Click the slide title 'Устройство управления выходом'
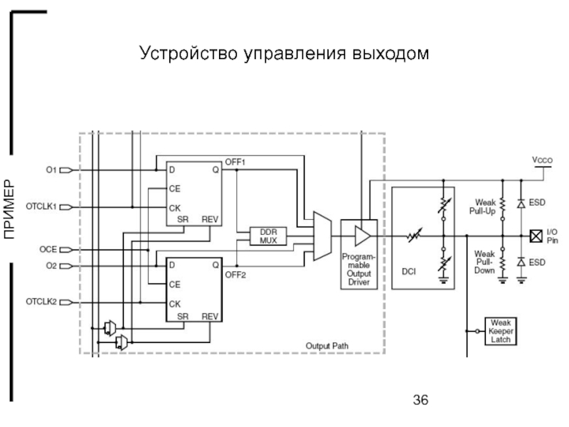[284, 53]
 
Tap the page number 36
[420, 400]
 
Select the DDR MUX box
[268, 236]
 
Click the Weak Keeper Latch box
[500, 331]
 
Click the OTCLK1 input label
[41, 206]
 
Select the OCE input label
[48, 251]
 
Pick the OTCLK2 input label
[41, 302]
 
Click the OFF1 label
[235, 162]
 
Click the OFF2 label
[235, 275]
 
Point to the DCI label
[409, 270]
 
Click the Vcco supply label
[543, 161]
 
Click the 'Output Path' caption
[327, 345]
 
